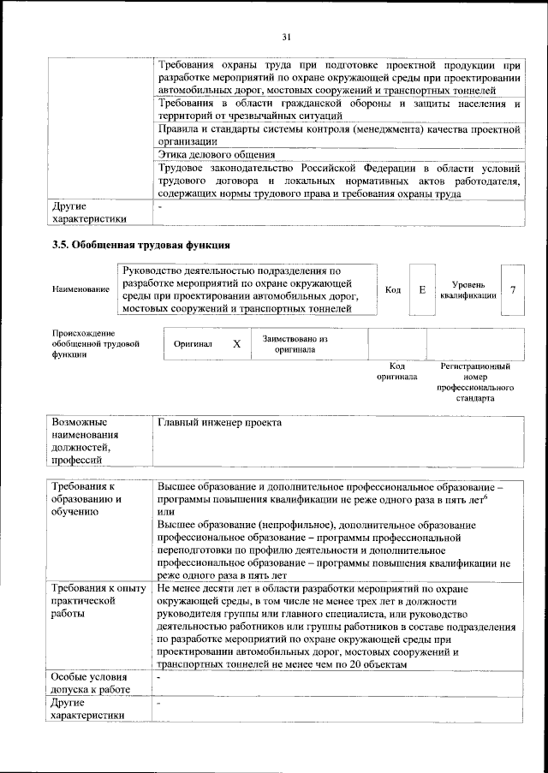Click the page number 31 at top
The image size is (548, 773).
point(287,36)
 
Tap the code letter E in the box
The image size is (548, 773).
point(422,289)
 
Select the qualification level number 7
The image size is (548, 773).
point(512,289)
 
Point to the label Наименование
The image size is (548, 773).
point(80,290)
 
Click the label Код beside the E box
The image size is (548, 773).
point(393,290)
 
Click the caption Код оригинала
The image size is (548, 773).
point(397,371)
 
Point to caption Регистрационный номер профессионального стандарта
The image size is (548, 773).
point(475,382)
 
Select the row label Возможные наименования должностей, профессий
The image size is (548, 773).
point(84,441)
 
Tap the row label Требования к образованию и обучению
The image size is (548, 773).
point(88,498)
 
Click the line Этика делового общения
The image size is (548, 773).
point(217,155)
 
